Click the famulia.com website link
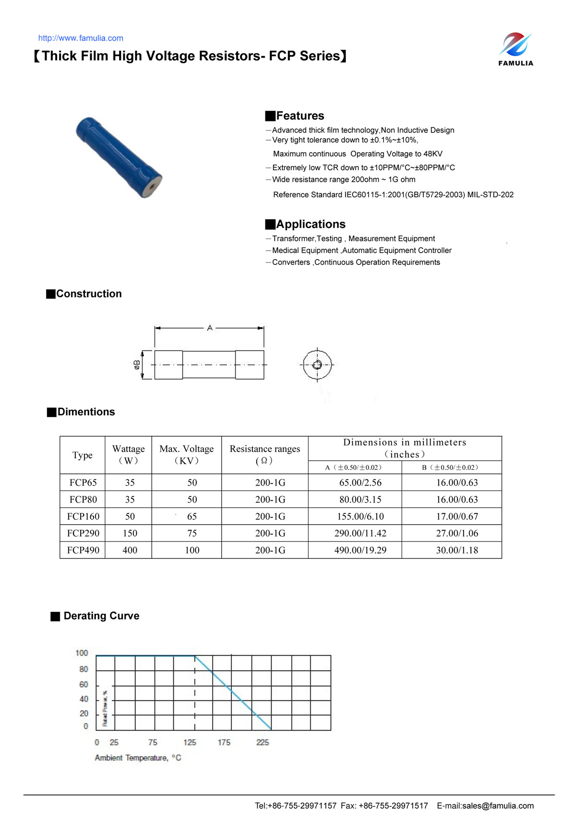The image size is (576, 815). click(81, 38)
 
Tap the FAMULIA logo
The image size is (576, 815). click(516, 49)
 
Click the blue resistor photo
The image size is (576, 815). click(119, 157)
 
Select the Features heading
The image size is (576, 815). click(300, 116)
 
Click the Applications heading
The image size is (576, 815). click(310, 224)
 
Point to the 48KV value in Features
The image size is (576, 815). click(432, 154)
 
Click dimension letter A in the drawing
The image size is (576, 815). click(210, 328)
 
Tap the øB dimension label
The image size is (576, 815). click(137, 365)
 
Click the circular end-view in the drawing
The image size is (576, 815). click(317, 365)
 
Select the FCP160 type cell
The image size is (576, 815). click(83, 516)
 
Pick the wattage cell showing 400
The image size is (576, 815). click(130, 550)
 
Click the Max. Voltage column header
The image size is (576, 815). click(186, 455)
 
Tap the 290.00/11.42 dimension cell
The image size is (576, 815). click(360, 533)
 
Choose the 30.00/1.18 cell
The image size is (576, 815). click(456, 550)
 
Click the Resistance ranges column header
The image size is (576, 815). click(264, 455)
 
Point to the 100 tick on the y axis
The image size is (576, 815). click(82, 653)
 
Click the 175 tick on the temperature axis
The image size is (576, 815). click(224, 743)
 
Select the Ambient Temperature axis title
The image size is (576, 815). click(138, 758)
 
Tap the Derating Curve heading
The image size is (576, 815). click(101, 616)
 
